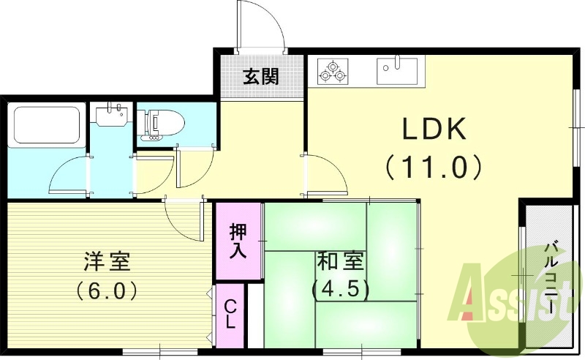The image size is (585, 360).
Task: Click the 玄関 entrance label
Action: (260, 76)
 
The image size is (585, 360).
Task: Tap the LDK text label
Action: (432, 131)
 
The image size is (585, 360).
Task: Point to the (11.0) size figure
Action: (433, 168)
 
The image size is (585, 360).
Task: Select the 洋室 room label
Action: (106, 260)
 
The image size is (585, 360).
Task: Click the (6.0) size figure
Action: (107, 290)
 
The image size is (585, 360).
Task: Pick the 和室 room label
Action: (341, 260)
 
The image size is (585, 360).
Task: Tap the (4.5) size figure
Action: (341, 288)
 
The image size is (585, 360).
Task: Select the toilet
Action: (162, 123)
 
